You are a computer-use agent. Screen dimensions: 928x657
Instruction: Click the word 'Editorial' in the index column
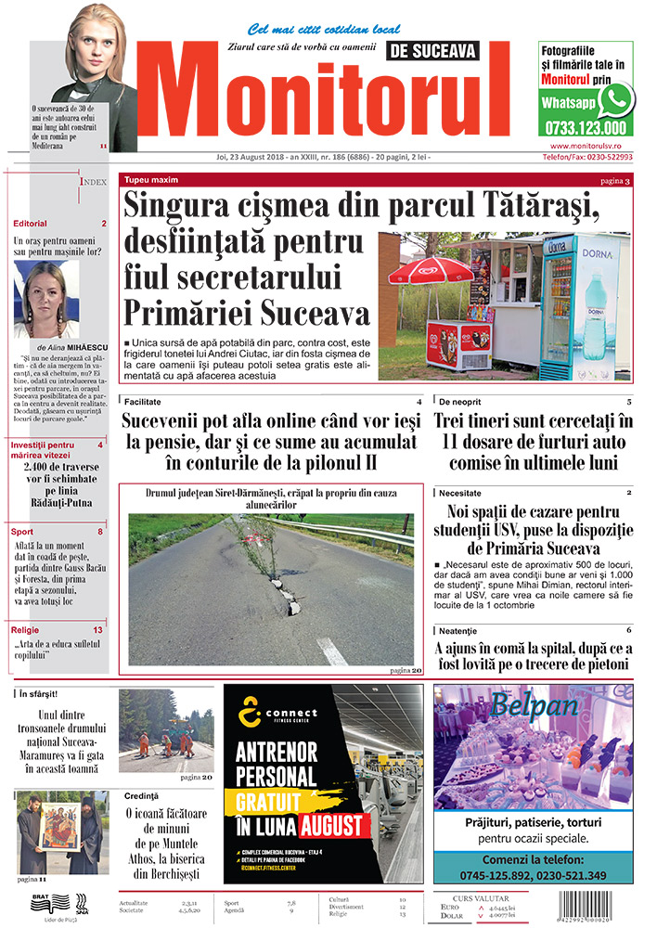coord(31,224)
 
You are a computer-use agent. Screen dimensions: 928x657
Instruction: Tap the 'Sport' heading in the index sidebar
coord(23,532)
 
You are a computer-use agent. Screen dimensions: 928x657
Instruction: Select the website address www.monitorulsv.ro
coord(584,146)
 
